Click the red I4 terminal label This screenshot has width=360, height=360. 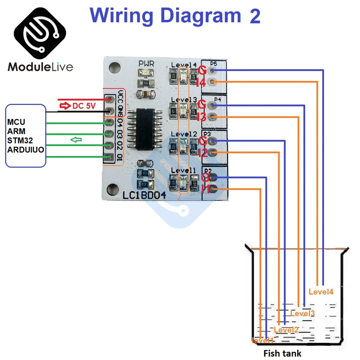click(201, 83)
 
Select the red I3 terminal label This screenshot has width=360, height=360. click(201, 117)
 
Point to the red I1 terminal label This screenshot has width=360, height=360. click(206, 189)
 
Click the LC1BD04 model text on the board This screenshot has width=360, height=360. click(144, 196)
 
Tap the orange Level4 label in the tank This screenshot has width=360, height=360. click(321, 292)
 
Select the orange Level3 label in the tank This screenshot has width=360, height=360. click(302, 313)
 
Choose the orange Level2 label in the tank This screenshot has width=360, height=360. click(286, 329)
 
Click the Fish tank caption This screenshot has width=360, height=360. click(282, 353)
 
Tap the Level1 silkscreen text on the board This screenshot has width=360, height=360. click(184, 170)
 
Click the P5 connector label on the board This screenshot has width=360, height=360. click(213, 64)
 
